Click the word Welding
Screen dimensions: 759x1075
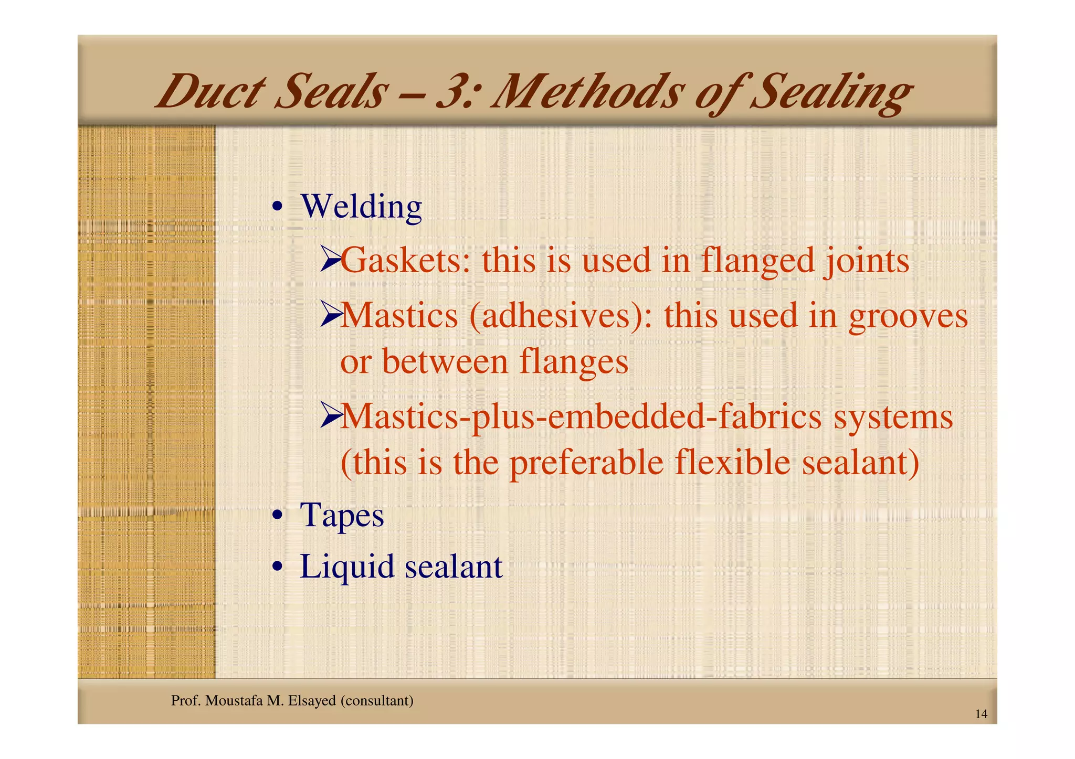click(x=361, y=207)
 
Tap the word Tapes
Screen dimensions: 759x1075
click(x=342, y=515)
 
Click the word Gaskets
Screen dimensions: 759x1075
click(x=402, y=261)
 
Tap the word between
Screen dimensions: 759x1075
click(x=445, y=362)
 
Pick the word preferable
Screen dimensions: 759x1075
click(x=586, y=464)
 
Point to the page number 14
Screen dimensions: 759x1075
click(x=981, y=714)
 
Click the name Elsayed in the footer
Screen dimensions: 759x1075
click(x=312, y=701)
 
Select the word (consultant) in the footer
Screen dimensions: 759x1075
click(x=377, y=701)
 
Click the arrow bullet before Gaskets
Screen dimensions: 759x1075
click(x=330, y=261)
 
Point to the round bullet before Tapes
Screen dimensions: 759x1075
click(x=278, y=516)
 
